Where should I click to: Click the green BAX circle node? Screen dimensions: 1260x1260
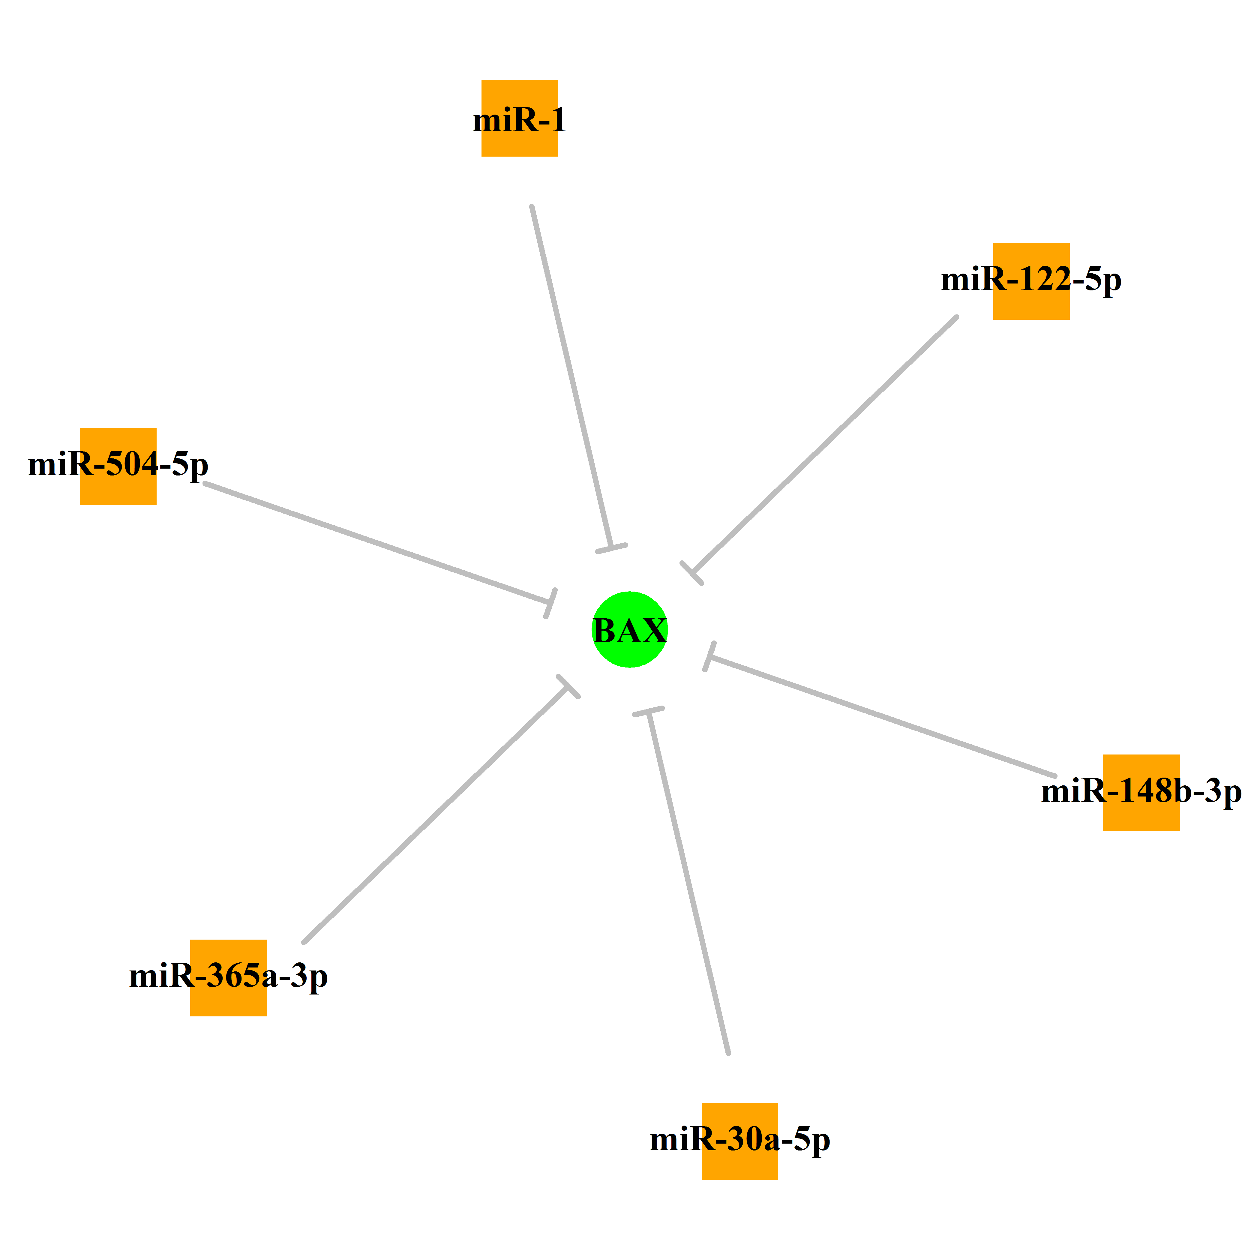pyautogui.click(x=629, y=629)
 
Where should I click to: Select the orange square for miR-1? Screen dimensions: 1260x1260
pyautogui.click(x=520, y=118)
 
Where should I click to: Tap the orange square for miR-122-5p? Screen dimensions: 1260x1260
pyautogui.click(x=1031, y=281)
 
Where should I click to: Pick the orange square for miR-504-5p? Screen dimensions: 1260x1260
pyautogui.click(x=118, y=466)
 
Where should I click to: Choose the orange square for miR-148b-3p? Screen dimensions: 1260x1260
pyautogui.click(x=1141, y=792)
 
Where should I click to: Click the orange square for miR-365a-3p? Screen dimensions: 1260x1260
pyautogui.click(x=228, y=978)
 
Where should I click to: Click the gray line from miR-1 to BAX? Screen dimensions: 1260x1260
pyautogui.click(x=571, y=377)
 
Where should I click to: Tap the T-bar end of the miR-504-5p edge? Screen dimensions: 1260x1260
pyautogui.click(x=551, y=603)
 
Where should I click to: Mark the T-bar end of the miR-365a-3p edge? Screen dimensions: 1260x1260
pyautogui.click(x=569, y=686)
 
